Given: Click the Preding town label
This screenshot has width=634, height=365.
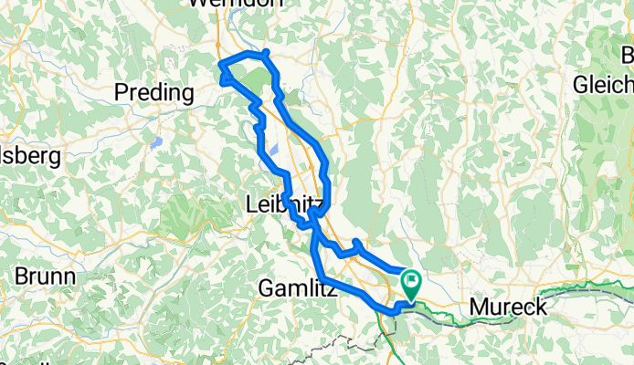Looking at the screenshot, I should coord(154,92).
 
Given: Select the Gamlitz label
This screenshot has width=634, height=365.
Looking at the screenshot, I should coord(299,289).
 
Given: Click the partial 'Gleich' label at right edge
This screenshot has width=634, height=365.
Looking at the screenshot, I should coord(603,85).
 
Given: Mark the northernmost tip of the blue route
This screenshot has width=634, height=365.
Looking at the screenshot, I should coord(265,52).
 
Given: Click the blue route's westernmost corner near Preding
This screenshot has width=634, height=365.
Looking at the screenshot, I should coord(220,64).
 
